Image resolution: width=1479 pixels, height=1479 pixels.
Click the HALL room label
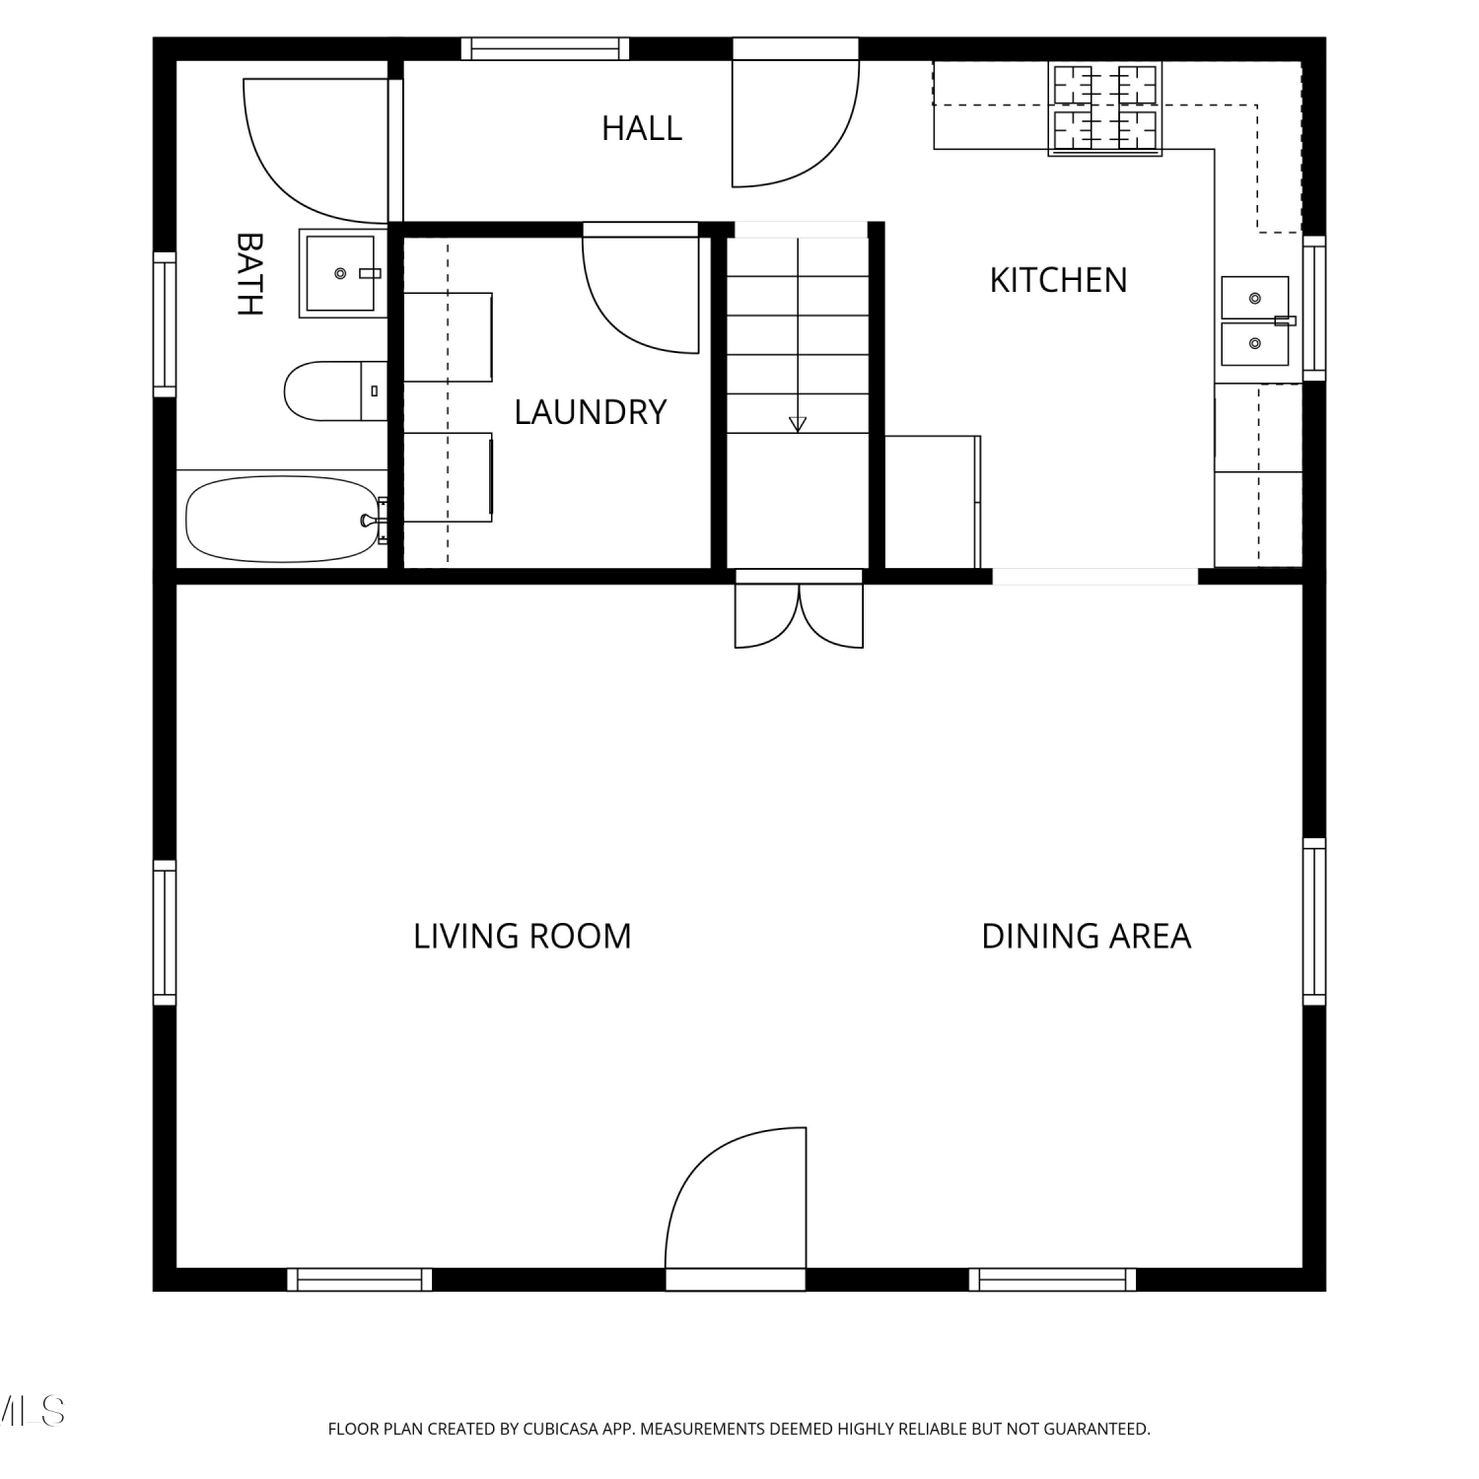point(642,128)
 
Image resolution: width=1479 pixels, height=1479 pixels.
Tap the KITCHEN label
point(1058,280)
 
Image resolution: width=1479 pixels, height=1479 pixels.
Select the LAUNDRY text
point(591,412)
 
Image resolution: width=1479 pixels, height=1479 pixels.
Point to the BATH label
point(249,273)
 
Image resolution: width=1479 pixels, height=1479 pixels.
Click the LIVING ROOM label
point(522,936)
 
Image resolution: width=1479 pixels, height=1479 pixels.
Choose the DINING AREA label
point(1087,936)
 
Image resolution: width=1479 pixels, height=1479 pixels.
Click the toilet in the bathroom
point(335,391)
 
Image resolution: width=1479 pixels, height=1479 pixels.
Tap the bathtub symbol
point(283,519)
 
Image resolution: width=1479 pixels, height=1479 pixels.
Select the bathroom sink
point(341,273)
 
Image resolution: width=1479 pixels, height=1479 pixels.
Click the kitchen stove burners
point(1105,108)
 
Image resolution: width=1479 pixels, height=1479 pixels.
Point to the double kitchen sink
point(1255,320)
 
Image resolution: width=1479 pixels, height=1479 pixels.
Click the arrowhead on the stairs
point(798,424)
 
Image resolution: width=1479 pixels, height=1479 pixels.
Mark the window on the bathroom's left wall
point(165,324)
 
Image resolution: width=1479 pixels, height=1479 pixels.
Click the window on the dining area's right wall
point(1314,921)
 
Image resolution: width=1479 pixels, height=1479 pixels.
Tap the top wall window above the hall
point(545,49)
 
